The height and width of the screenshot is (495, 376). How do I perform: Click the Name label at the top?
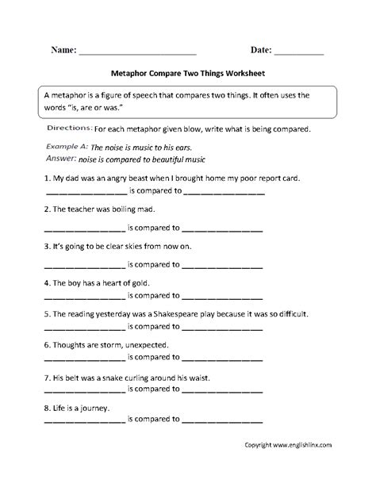(x=63, y=49)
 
